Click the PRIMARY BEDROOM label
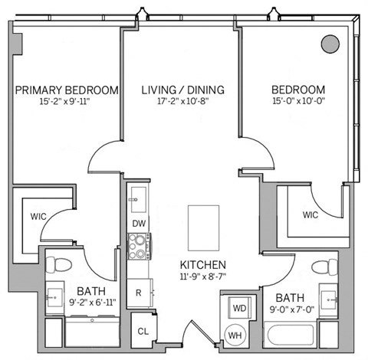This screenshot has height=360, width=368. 67,90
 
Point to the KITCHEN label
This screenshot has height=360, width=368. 203,264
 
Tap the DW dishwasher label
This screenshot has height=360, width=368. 139,223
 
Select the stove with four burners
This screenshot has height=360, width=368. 139,245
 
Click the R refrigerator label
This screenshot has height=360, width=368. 138,292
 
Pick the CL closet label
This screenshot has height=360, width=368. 143,331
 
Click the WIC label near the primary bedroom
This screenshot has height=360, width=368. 39,217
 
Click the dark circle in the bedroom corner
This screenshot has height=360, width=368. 329,43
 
